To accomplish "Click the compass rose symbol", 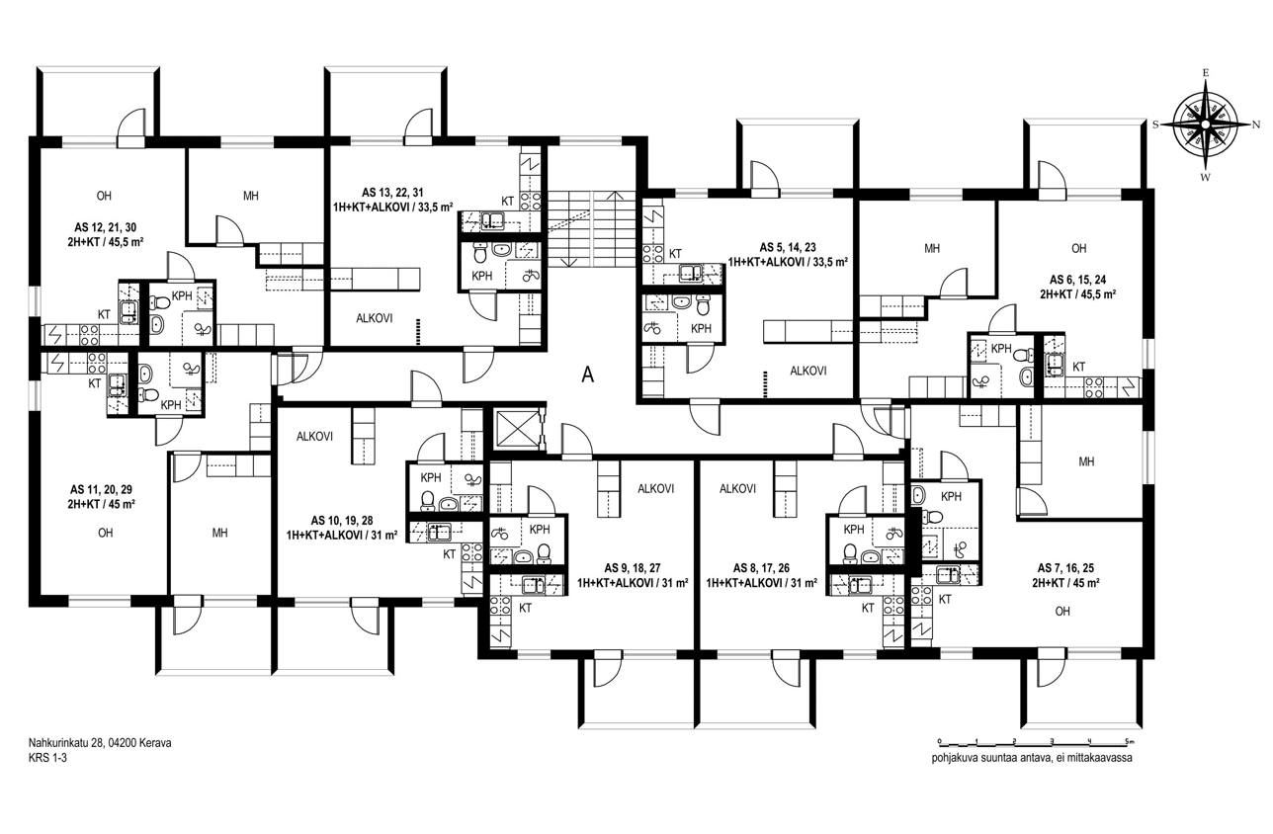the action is point(1206,125).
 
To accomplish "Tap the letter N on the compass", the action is point(1256,125).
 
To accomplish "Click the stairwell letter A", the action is point(588,375).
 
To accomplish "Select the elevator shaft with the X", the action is point(518,428).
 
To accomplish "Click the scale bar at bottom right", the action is point(1035,741).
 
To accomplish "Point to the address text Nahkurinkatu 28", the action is point(66,743).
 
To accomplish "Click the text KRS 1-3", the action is point(47,758).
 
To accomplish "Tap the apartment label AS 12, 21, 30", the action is point(105,227).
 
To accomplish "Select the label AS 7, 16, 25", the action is point(1065,568).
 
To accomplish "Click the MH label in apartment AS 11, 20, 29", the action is point(220,533).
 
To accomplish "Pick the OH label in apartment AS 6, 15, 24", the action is point(1078,248).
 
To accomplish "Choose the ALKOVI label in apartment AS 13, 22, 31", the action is point(374,318).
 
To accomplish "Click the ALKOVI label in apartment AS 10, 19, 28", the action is point(314,437).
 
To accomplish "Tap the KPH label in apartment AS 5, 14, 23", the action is point(701,328).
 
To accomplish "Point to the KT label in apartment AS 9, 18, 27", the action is point(525,608).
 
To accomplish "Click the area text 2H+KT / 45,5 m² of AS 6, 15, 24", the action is point(1078,294).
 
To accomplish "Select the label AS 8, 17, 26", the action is point(761,568).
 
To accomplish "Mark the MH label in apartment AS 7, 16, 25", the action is point(1086,461).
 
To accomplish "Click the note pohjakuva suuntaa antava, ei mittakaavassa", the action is point(1032,758).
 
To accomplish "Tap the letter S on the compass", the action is point(1155,125).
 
